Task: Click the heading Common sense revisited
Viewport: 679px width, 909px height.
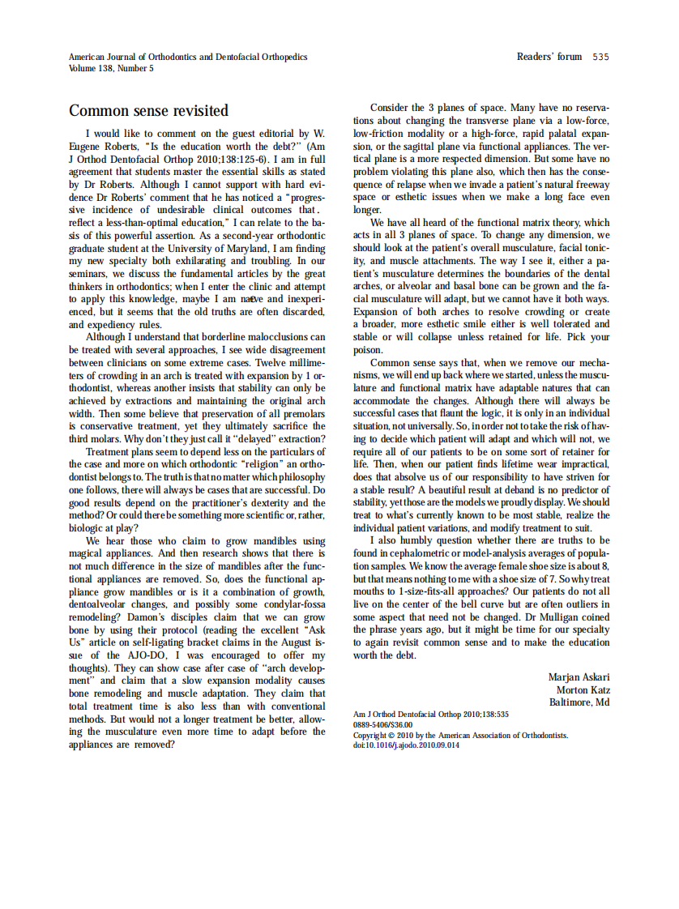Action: tap(148, 110)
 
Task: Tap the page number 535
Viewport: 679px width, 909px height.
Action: tap(600, 57)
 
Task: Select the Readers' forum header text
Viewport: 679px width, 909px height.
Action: tap(549, 57)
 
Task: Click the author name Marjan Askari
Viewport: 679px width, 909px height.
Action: tap(579, 677)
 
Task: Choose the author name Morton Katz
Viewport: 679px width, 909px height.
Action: tap(583, 689)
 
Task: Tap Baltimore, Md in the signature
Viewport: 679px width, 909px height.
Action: tap(579, 702)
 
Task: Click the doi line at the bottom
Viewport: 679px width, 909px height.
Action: tap(407, 745)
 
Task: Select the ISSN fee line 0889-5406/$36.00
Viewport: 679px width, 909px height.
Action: tap(382, 725)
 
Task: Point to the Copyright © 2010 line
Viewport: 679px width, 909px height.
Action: tap(460, 736)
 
